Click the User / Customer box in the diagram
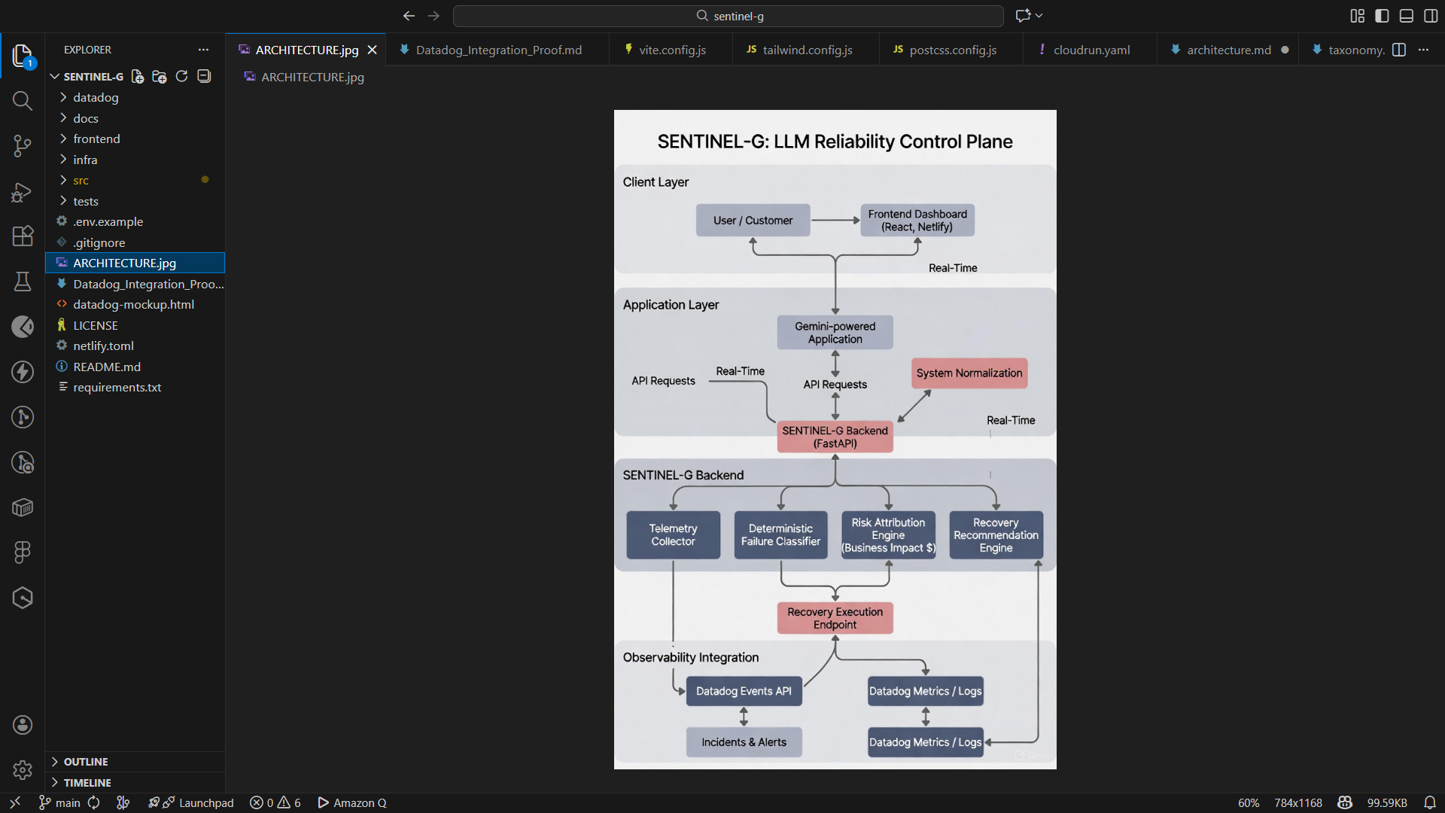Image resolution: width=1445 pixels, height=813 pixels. pos(753,221)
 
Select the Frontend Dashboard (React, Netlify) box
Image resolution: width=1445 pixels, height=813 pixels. pos(917,221)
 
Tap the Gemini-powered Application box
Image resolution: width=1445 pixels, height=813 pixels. pos(835,333)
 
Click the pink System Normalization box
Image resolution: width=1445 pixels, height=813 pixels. pos(969,373)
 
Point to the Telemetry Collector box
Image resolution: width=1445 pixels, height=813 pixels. pos(673,535)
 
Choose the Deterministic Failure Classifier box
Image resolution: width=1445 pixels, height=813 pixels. pos(780,535)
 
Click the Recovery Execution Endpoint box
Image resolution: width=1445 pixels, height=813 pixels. pos(835,618)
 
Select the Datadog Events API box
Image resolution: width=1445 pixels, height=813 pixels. pos(744,691)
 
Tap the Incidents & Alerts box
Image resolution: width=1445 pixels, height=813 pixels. pos(744,742)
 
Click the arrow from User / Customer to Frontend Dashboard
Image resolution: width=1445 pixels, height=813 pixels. pos(835,221)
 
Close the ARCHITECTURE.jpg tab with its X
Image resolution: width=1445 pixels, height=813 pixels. pos(372,50)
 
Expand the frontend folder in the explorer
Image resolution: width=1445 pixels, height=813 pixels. pos(96,139)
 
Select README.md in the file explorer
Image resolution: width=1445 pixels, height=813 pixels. pos(107,367)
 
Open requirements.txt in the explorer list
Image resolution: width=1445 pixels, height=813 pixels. pos(117,388)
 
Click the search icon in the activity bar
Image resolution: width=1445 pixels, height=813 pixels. pos(23,101)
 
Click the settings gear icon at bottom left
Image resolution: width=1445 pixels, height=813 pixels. pos(23,770)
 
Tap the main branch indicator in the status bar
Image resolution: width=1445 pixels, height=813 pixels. pos(59,803)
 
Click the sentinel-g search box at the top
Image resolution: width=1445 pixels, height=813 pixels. pos(729,16)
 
